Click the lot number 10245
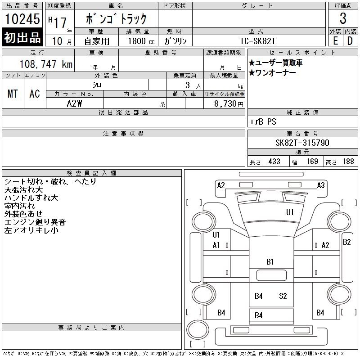pos(22,18)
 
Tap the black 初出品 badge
pos(22,37)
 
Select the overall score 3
pos(343,18)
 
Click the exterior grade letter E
pos(335,41)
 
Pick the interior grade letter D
pos(350,41)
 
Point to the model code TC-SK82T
pos(257,41)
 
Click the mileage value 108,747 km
pos(46,64)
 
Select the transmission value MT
pos(13,94)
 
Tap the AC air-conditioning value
pos(35,94)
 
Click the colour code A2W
pos(74,103)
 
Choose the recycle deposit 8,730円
pos(229,104)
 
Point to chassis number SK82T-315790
pos(302,143)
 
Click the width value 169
pos(312,162)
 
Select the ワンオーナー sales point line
pos(272,73)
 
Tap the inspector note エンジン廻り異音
pos(35,222)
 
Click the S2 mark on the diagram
pos(283,296)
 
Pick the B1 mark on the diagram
pos(270,262)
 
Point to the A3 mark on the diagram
pos(321,185)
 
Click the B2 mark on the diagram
pos(346,242)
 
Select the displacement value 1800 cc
pos(141,41)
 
